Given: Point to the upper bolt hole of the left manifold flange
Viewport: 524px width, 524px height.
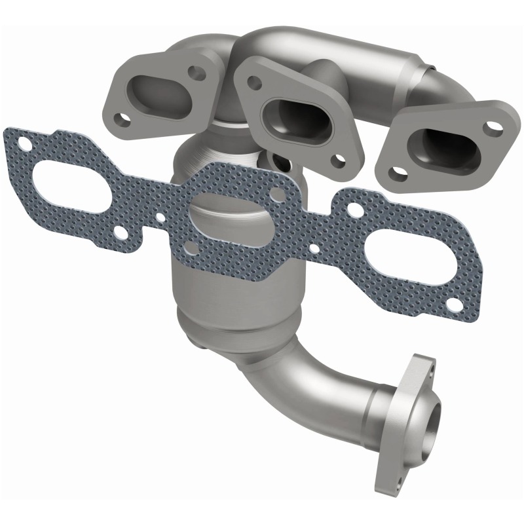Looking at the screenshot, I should point(193,70).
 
